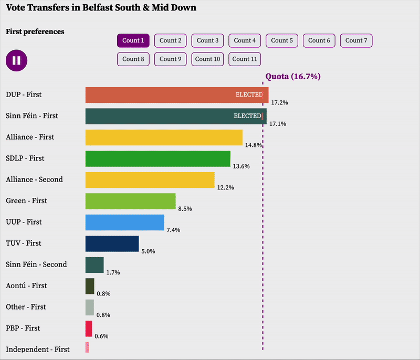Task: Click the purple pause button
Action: [x=16, y=60]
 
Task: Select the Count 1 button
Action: [x=133, y=40]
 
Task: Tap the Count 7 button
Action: [x=356, y=40]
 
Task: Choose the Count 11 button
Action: [x=245, y=59]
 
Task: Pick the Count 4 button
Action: [x=245, y=40]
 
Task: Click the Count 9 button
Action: [x=170, y=59]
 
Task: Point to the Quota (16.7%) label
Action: [x=292, y=77]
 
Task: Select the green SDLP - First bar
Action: [x=157, y=158]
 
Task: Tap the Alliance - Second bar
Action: [x=150, y=179]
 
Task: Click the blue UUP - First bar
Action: [x=124, y=222]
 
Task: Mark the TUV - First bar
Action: [x=112, y=243]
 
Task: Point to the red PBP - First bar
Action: [x=89, y=329]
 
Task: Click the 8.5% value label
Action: [x=185, y=209]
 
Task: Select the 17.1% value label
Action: [x=277, y=124]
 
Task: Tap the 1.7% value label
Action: [x=113, y=272]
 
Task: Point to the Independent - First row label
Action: [x=37, y=349]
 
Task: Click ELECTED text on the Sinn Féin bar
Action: [x=247, y=116]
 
